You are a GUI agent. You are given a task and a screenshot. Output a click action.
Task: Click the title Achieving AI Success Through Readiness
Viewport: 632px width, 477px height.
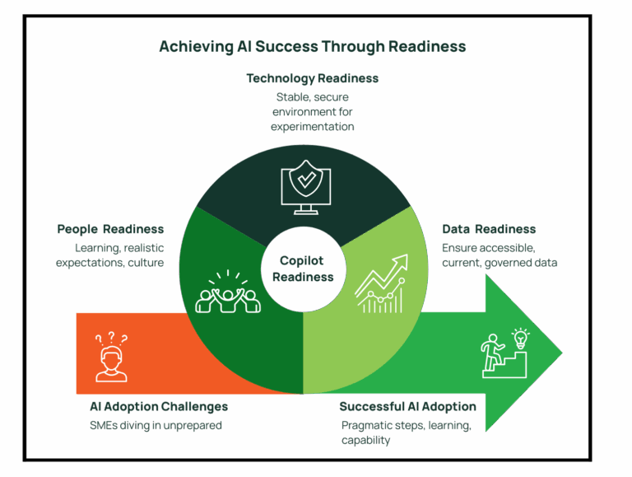point(313,47)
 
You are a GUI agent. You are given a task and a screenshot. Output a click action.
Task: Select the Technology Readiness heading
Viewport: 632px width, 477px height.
point(313,78)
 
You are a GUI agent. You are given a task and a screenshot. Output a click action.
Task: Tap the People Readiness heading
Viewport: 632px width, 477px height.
point(110,229)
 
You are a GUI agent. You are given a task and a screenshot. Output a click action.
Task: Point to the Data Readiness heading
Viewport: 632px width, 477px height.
point(489,229)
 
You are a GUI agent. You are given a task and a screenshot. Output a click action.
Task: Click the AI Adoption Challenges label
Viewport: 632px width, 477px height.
point(159,407)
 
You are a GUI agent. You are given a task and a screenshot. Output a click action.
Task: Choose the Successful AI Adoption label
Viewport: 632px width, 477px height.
point(407,407)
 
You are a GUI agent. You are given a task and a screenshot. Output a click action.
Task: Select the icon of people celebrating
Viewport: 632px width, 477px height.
point(228,292)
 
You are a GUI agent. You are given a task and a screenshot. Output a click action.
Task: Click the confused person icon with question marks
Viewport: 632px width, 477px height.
point(111,358)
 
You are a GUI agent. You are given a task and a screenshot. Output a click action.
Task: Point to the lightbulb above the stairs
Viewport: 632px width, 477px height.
point(520,337)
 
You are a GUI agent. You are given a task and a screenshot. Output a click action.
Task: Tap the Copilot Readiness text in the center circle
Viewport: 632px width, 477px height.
point(304,268)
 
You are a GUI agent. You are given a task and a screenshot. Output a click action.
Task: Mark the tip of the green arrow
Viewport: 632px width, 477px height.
point(561,353)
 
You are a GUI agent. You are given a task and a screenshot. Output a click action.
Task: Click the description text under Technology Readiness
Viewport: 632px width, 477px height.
point(313,112)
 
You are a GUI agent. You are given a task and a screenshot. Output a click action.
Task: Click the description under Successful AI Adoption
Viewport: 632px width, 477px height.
point(405,433)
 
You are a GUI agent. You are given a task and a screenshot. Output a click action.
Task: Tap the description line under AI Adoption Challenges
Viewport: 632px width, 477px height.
point(156,426)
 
